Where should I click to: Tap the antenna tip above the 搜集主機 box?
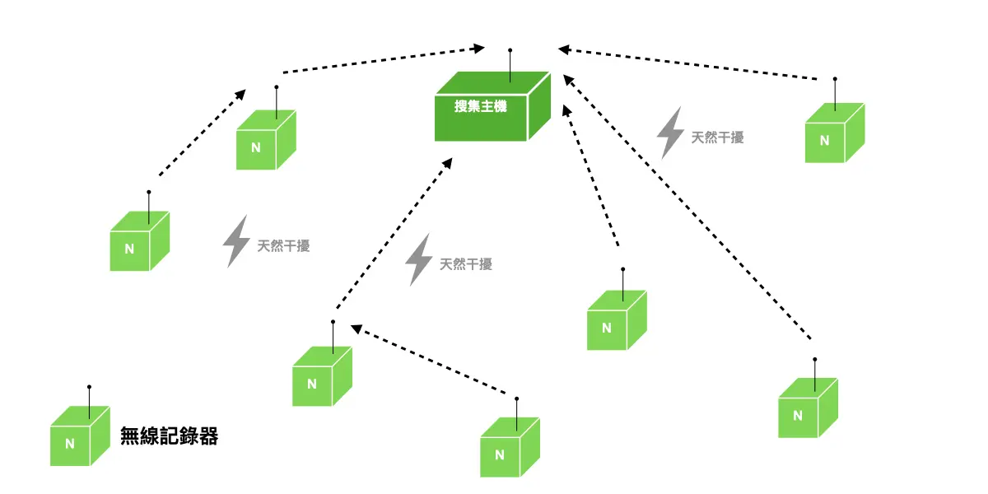pyautogui.click(x=510, y=50)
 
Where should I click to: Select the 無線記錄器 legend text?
pyautogui.click(x=169, y=436)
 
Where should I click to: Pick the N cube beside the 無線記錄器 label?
pyautogui.click(x=79, y=436)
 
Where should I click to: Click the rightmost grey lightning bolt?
pyautogui.click(x=669, y=132)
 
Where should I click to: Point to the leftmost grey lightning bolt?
pyautogui.click(x=236, y=240)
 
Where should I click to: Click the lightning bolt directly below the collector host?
pyautogui.click(x=419, y=259)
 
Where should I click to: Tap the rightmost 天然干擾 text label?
pyautogui.click(x=717, y=137)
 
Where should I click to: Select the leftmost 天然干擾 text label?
pyautogui.click(x=284, y=245)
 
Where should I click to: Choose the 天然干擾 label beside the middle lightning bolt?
pyautogui.click(x=466, y=264)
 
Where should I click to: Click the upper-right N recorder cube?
pyautogui.click(x=834, y=133)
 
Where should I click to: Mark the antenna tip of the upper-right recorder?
pyautogui.click(x=835, y=79)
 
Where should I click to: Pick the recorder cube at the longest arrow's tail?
pyautogui.click(x=807, y=408)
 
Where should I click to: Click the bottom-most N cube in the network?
pyautogui.click(x=509, y=447)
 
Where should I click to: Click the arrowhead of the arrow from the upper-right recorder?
pyautogui.click(x=564, y=50)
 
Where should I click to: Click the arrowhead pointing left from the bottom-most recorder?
pyautogui.click(x=357, y=329)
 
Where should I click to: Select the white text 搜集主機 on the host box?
pyautogui.click(x=481, y=106)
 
